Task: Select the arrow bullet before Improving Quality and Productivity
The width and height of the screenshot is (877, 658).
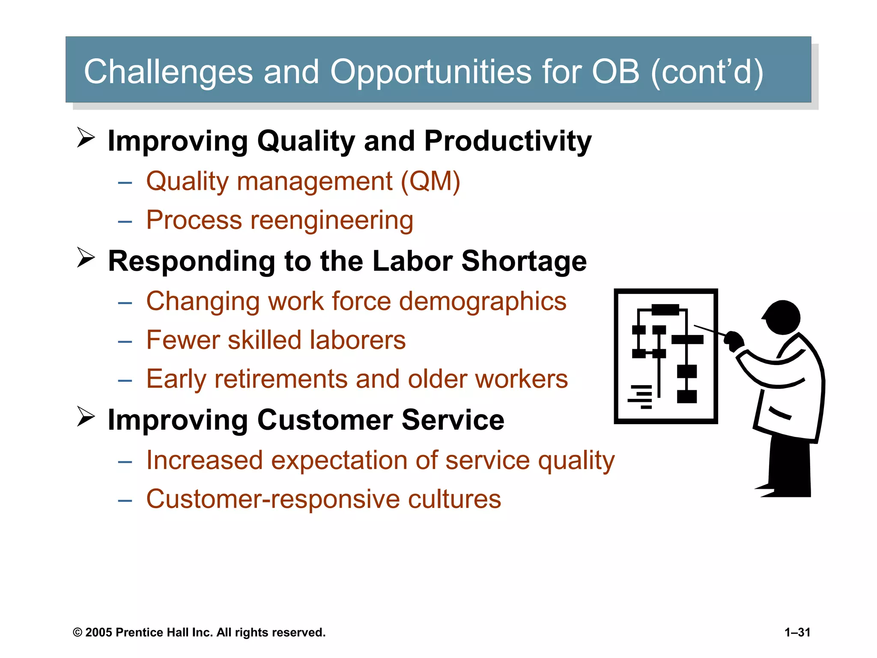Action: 86,138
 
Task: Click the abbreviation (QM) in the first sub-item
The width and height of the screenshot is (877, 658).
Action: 430,181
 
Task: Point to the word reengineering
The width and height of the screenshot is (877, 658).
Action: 332,220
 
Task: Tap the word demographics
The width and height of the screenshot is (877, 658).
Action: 483,301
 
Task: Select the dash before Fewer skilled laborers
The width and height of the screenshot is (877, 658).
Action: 125,341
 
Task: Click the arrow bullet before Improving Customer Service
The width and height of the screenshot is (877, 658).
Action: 86,416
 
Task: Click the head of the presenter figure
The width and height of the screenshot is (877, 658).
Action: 783,317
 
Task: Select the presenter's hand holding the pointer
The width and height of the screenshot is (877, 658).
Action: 734,341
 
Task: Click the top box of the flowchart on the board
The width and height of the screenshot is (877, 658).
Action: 665,309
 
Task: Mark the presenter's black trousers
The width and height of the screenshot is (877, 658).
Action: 789,467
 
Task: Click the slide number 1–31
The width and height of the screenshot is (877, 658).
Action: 797,632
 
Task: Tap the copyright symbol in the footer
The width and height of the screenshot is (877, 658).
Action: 78,633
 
